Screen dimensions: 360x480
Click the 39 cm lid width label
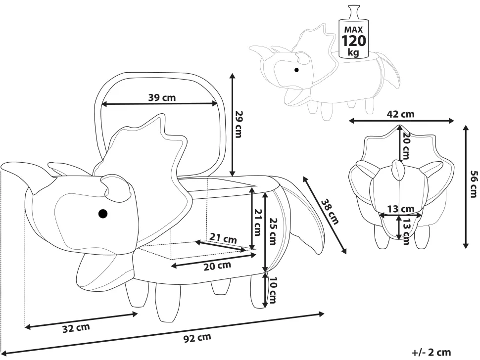coord(162,97)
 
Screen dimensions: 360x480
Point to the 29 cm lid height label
coord(238,124)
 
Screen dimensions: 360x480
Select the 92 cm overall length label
coord(197,338)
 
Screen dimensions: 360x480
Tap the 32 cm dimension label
coord(76,327)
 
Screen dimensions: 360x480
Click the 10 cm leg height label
coord(273,290)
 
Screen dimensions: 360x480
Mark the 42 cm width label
coord(401,114)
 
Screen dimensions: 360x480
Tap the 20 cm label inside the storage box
coord(217,266)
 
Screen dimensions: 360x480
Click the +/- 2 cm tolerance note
coord(431,352)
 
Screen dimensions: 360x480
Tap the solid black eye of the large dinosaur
coord(102,214)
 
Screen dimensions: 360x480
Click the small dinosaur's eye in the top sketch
coord(297,70)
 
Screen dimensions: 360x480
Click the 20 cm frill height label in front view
coord(406,145)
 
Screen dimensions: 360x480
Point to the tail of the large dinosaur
coord(307,218)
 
